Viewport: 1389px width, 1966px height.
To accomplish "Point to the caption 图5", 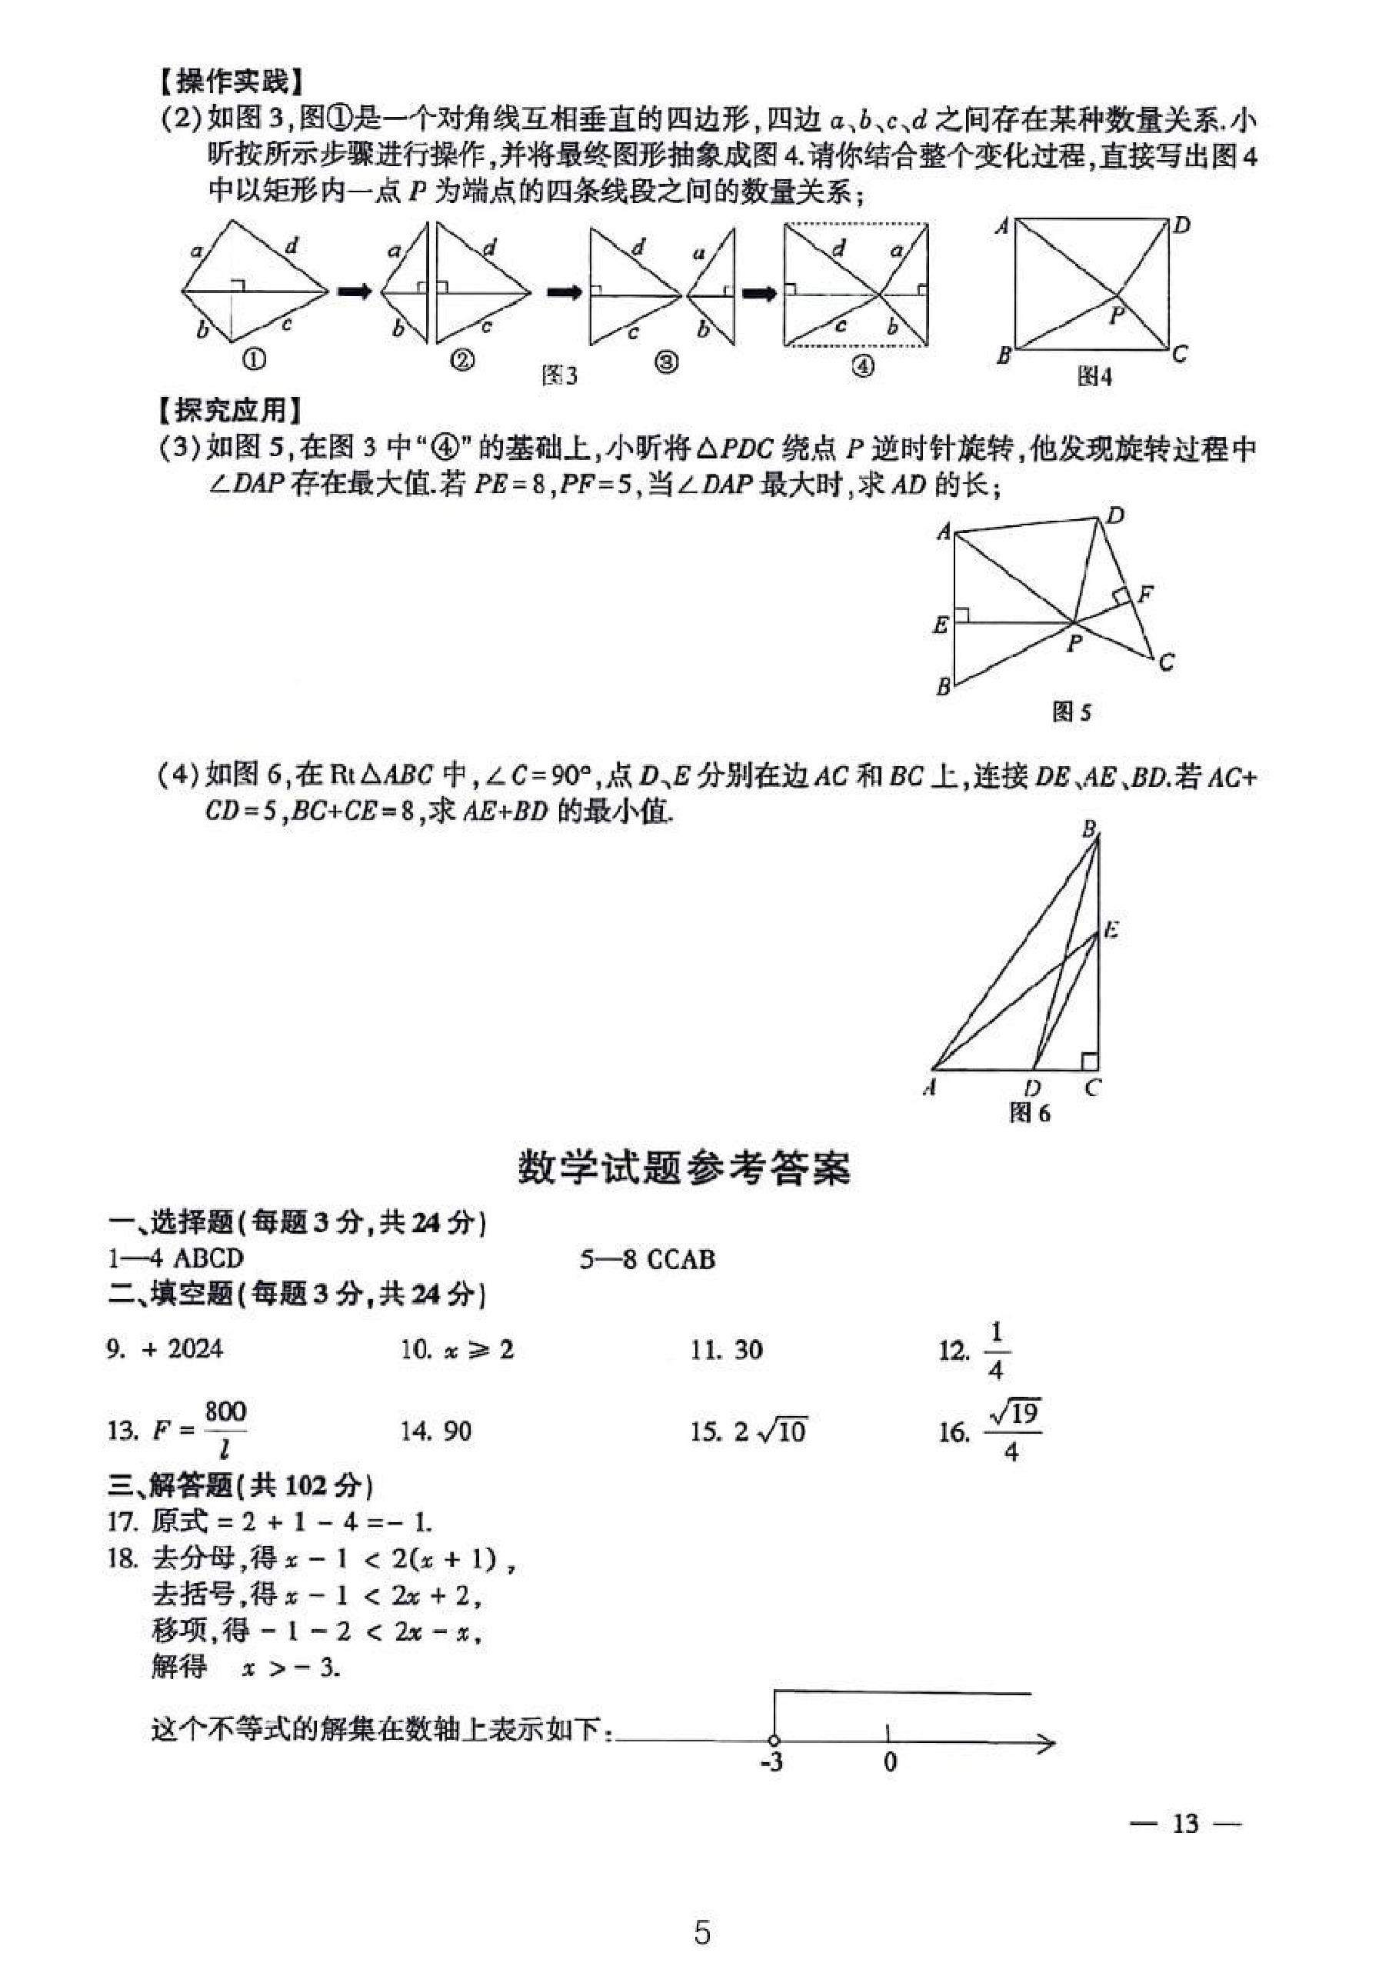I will tap(1071, 711).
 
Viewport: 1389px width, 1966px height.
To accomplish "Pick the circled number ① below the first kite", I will tap(255, 360).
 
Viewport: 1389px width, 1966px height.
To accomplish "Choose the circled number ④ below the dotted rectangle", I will tap(862, 365).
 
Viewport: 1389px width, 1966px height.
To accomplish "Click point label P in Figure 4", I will tap(1116, 316).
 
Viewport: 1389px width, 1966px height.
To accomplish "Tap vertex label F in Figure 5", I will tap(1145, 593).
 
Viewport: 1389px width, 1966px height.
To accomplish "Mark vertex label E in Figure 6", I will tap(1111, 929).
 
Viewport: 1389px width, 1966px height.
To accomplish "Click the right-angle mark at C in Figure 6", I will tap(1088, 1061).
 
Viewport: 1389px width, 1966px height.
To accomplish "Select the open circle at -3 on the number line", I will tap(774, 1740).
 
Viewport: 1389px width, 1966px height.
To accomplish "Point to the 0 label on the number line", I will tap(890, 1762).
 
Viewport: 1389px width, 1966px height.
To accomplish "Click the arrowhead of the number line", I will tap(1047, 1741).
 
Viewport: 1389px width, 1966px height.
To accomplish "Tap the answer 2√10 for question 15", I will tap(770, 1431).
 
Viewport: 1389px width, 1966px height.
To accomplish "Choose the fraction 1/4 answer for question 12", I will tap(995, 1351).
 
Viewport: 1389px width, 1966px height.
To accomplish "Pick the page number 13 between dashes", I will tap(1185, 1823).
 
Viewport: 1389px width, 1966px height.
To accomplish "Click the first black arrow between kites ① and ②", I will tap(355, 292).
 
